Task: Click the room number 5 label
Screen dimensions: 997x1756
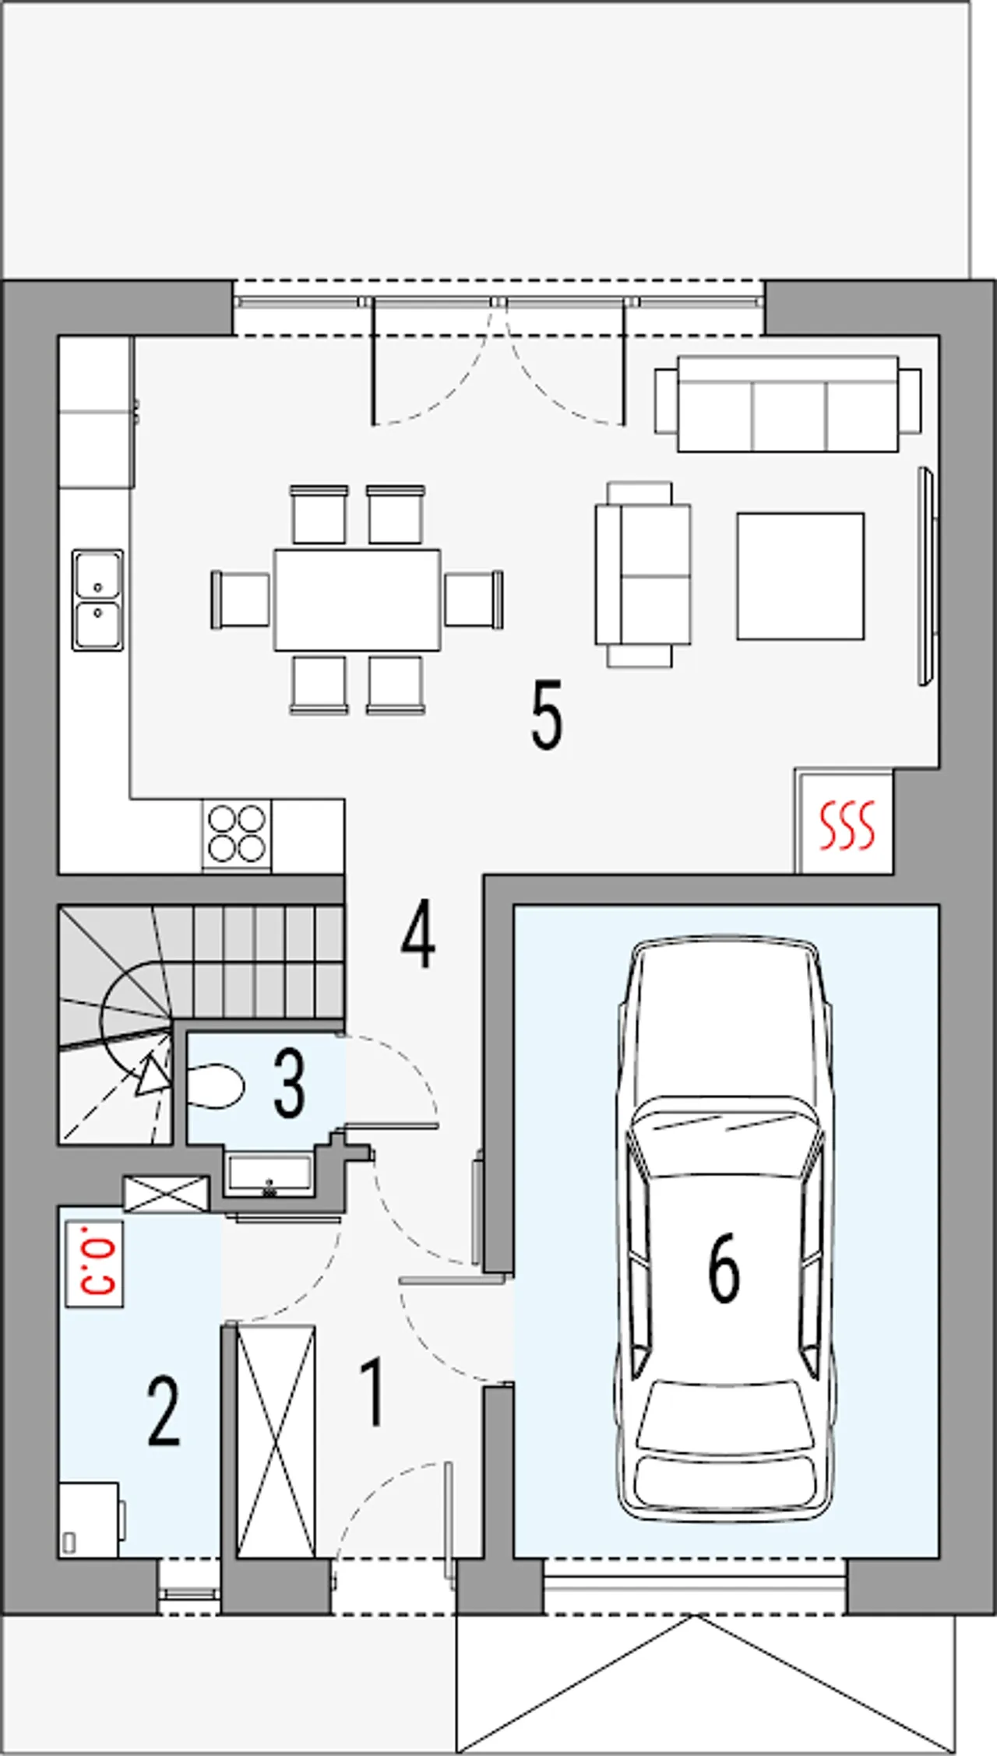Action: [546, 715]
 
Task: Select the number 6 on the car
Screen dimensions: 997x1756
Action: [724, 1269]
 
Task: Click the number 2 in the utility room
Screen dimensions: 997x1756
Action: [164, 1411]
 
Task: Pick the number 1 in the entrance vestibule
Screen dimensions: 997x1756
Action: [372, 1392]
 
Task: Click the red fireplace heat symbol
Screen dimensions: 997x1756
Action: [847, 825]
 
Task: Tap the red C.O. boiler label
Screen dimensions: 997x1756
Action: [94, 1263]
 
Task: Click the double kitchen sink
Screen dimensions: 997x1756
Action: [97, 600]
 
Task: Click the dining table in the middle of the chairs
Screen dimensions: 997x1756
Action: [357, 600]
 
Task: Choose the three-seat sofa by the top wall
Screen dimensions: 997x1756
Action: [787, 403]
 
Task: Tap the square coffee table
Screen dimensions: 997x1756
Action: [800, 575]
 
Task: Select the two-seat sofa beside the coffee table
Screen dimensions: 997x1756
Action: [643, 574]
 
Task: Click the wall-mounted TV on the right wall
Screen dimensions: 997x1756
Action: [926, 575]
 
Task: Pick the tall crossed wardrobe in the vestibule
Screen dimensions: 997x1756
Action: [276, 1441]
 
